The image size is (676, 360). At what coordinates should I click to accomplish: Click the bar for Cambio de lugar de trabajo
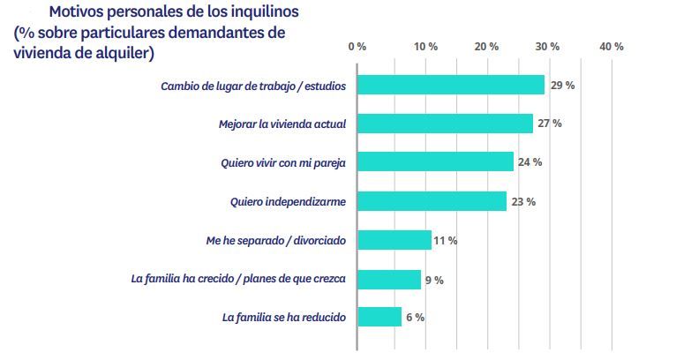[x=450, y=85]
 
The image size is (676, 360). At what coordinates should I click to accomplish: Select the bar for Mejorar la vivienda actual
[x=445, y=124]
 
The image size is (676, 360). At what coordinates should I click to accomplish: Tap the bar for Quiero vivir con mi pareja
[x=435, y=161]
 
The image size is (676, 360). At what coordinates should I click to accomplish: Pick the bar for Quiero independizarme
[x=432, y=201]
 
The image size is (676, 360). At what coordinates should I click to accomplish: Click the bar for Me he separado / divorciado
[x=394, y=240]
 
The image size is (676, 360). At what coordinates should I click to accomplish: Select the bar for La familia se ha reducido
[x=379, y=317]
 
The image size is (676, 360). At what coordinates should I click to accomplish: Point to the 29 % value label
[x=563, y=85]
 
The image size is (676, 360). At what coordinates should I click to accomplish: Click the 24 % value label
[x=530, y=162]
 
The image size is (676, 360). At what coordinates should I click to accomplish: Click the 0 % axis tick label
[x=357, y=46]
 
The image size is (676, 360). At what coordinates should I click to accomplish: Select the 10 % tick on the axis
[x=425, y=46]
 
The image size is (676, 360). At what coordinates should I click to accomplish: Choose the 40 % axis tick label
[x=612, y=46]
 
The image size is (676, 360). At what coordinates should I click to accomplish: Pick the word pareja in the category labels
[x=326, y=162]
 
